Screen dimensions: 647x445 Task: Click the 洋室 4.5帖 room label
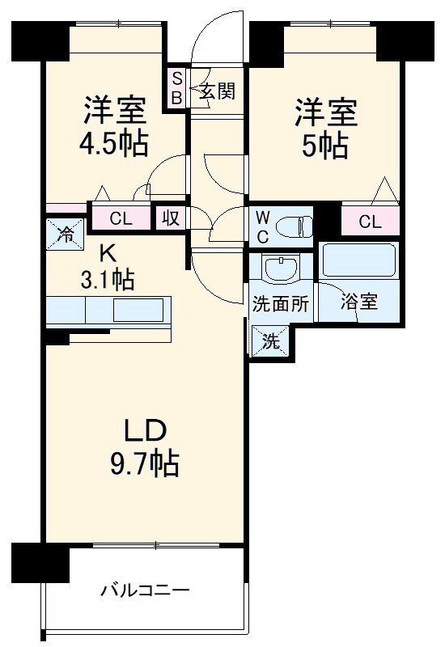113,125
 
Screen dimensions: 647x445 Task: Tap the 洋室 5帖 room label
326,128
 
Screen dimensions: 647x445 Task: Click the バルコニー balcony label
146,590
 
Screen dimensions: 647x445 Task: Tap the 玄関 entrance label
218,91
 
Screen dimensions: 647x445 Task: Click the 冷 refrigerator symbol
65,235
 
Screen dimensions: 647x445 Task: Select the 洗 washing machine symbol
269,340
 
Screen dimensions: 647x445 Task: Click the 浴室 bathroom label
358,305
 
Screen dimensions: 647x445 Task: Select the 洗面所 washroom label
280,305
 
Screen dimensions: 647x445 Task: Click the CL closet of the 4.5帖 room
121,218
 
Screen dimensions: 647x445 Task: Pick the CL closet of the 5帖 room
371,221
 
